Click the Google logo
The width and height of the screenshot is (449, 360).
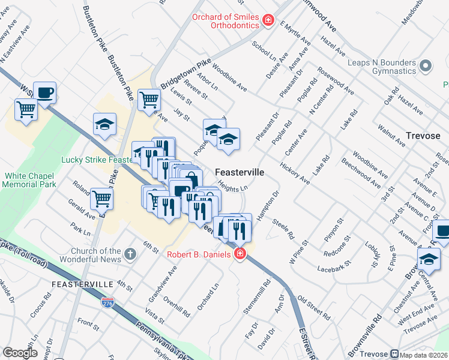pyautogui.click(x=20, y=353)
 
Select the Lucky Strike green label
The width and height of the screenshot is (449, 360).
pyautogui.click(x=96, y=160)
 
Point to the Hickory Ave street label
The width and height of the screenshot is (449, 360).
pyautogui.click(x=294, y=173)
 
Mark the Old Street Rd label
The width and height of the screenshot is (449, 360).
pyautogui.click(x=314, y=306)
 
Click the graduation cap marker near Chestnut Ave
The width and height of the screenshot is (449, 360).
pyautogui.click(x=429, y=260)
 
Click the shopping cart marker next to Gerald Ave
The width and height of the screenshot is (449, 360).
pyautogui.click(x=103, y=197)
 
